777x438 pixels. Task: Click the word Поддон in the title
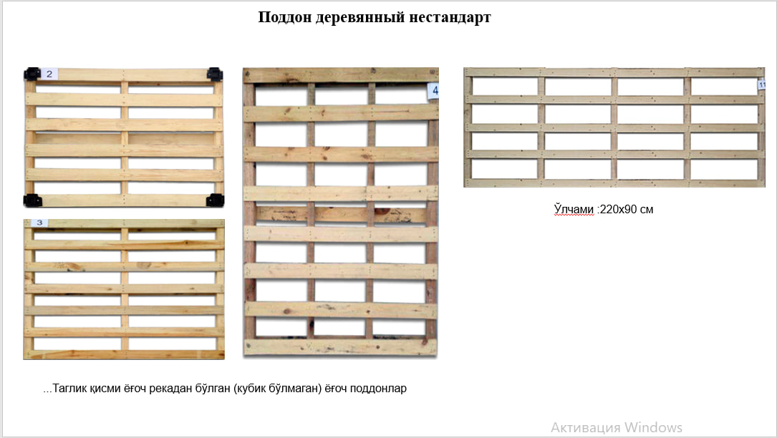284,17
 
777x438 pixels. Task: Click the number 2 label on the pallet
49,74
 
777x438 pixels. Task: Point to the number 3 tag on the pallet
39,223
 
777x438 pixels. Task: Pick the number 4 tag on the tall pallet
433,91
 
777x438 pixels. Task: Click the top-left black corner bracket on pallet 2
32,74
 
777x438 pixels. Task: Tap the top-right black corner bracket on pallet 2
215,74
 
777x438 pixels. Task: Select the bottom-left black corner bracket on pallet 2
32,200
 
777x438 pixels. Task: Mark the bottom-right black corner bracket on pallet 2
215,200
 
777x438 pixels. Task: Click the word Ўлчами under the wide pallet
574,210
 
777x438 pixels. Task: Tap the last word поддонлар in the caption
378,389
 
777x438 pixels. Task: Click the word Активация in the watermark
586,427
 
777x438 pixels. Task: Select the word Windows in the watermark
653,427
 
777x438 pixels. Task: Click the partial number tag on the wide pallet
762,84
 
